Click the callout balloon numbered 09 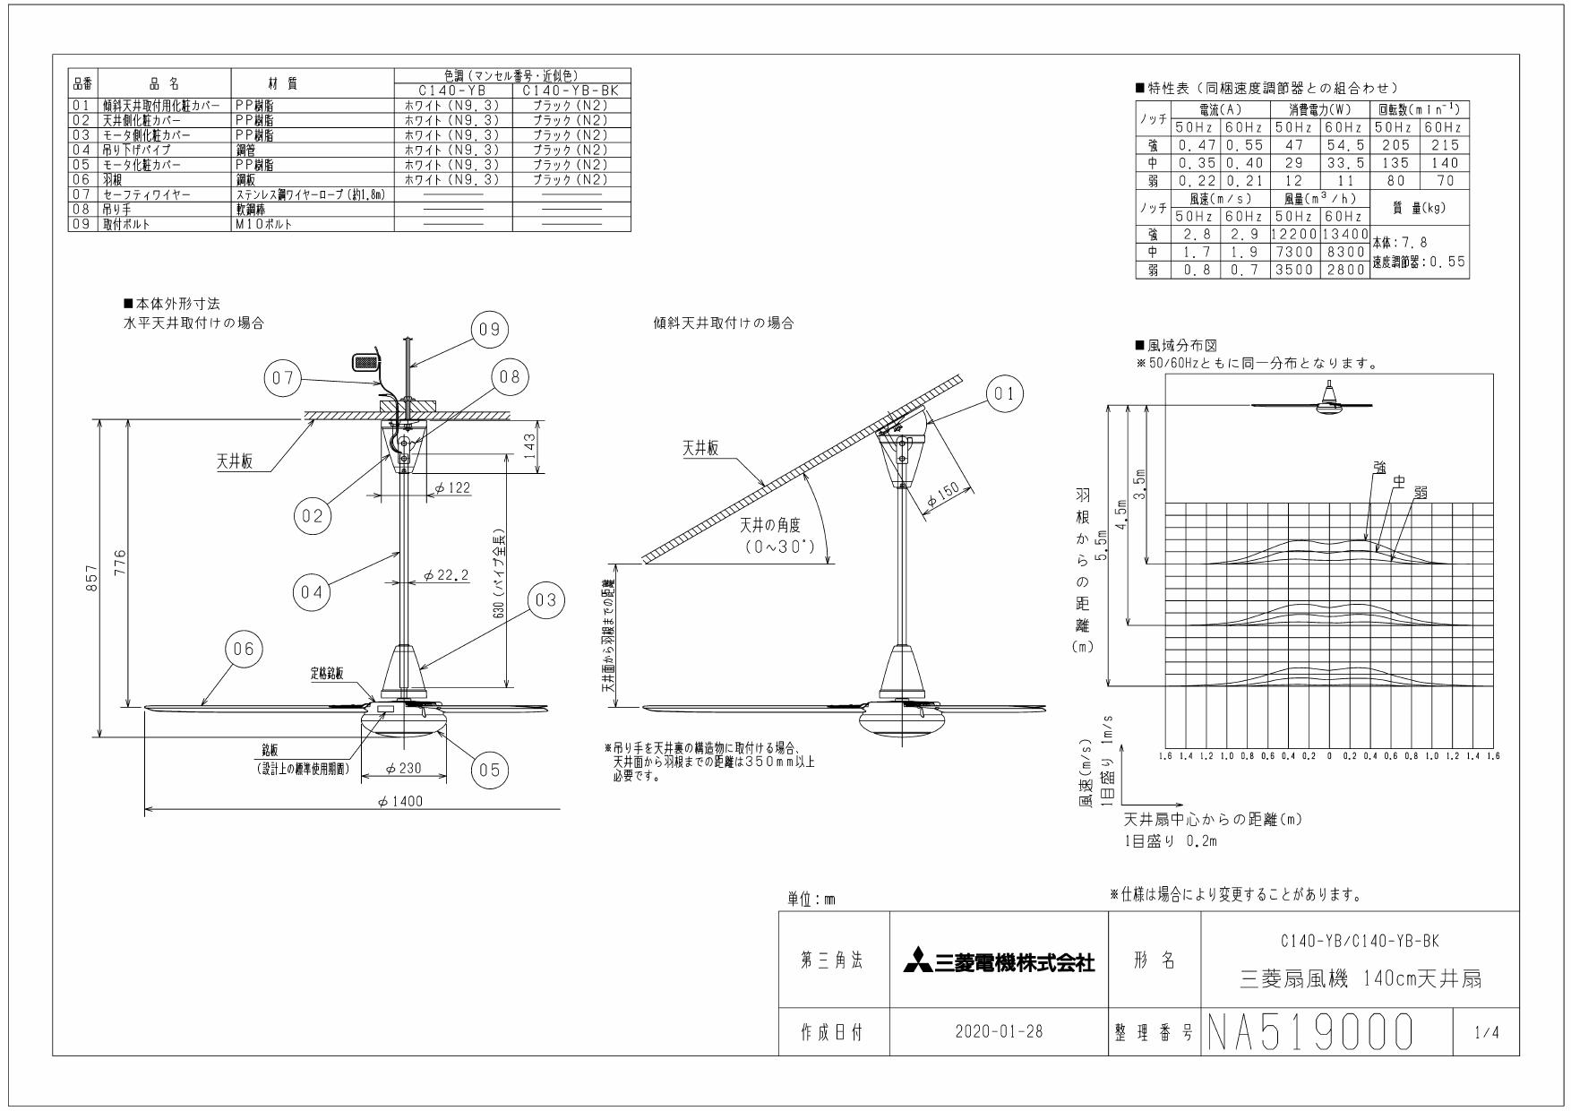489,330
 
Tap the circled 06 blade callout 245,650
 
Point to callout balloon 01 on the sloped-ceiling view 1004,393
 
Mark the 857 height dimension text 90,583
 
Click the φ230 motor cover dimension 403,769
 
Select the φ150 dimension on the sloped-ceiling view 942,495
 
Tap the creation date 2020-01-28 998,1032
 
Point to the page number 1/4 1484,1033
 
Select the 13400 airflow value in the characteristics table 1344,235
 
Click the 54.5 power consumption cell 1344,145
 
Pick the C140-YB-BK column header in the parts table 571,91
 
